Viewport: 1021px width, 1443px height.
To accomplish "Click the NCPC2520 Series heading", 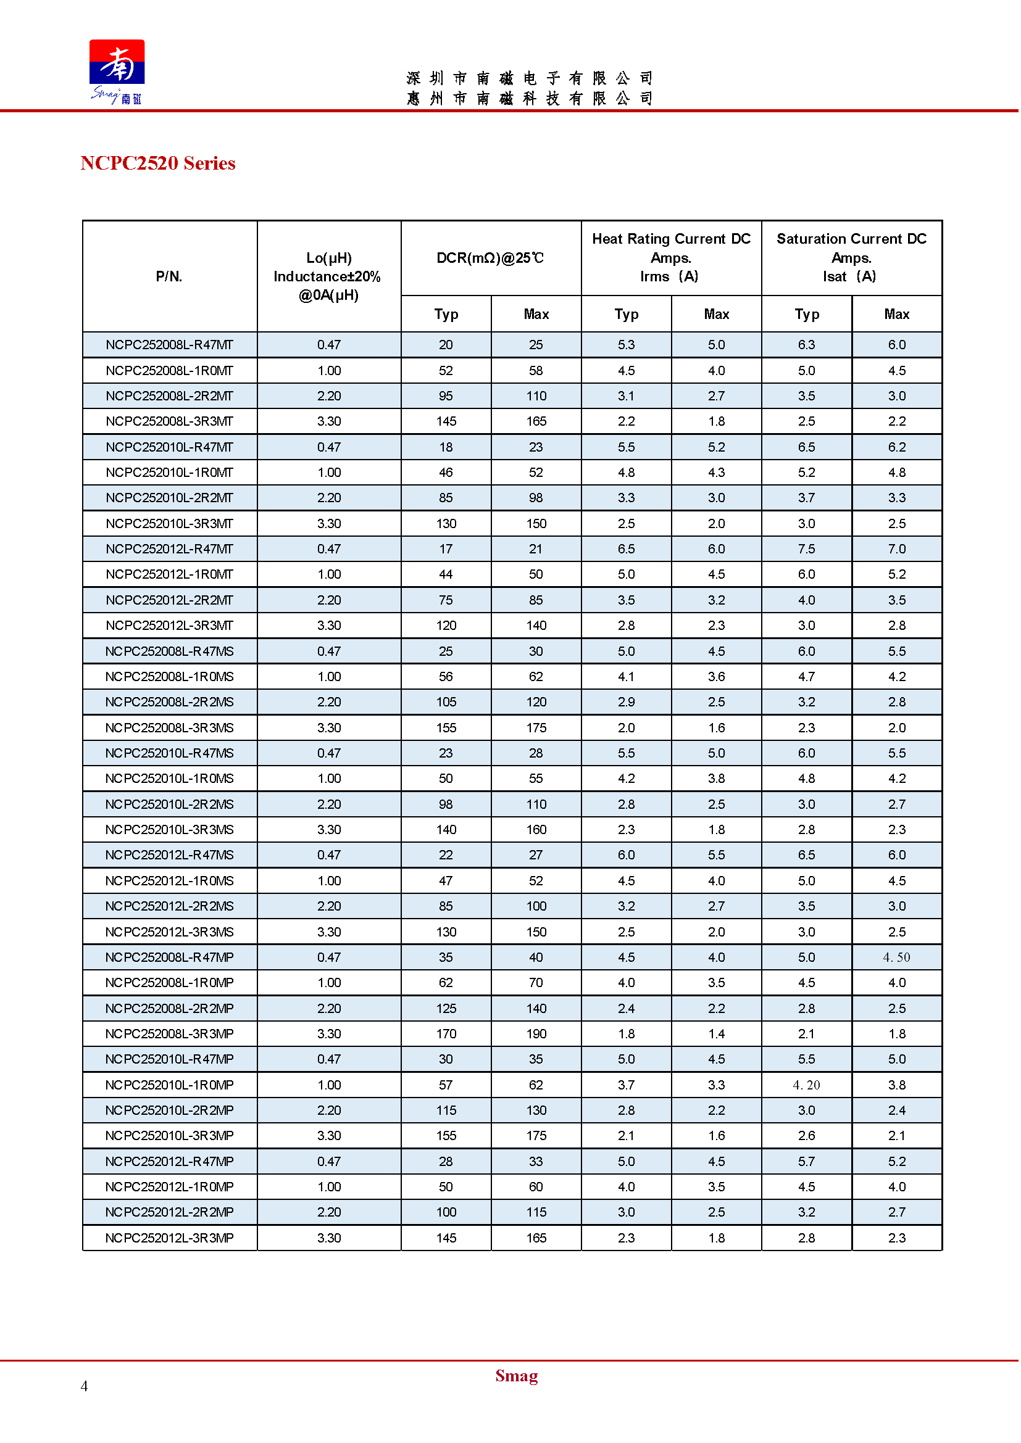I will click(158, 163).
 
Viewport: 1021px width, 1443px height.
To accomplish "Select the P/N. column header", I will click(169, 276).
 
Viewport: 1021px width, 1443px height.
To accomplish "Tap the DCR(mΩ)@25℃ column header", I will click(490, 258).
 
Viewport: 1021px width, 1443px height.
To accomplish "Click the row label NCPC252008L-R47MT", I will click(169, 345).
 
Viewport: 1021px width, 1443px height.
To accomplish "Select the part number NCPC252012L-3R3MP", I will click(169, 1238).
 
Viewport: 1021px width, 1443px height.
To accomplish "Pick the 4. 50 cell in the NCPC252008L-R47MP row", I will click(897, 958).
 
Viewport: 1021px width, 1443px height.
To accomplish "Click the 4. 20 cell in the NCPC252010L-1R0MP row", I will click(807, 1085).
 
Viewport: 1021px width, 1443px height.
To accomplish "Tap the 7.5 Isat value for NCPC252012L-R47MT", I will click(807, 549).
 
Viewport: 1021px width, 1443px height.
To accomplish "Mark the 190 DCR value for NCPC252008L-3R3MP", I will click(536, 1034).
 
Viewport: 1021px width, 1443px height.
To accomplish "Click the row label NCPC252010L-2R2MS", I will click(169, 804).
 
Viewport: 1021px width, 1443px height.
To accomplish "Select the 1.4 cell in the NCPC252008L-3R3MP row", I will click(717, 1034).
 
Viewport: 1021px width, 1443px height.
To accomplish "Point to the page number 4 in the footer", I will click(84, 1386).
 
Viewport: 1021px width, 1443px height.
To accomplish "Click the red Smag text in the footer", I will click(516, 1376).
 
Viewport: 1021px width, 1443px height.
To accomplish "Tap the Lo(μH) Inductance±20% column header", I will click(329, 276).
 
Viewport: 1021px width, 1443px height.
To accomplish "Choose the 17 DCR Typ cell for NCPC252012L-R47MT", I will click(446, 549).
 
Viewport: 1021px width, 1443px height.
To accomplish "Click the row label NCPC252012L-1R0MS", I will click(169, 881).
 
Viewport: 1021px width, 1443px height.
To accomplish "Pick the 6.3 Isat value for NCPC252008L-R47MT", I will click(807, 345).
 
